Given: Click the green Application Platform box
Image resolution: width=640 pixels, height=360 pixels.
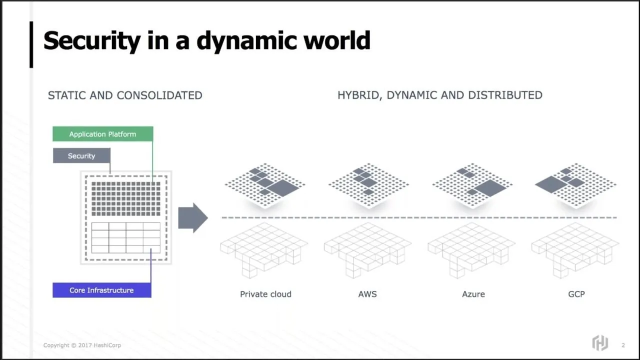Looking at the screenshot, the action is (x=103, y=134).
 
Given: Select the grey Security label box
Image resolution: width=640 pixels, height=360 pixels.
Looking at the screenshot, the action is (x=81, y=155).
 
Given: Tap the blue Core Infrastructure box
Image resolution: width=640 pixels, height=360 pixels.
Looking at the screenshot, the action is (x=102, y=290).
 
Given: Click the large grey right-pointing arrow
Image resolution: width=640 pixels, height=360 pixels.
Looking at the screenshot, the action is (x=193, y=218).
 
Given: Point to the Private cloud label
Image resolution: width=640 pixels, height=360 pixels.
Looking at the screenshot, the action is (x=265, y=294).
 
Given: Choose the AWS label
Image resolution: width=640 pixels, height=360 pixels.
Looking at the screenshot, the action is (x=367, y=294).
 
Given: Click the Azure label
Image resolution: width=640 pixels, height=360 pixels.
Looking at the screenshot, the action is (x=473, y=294).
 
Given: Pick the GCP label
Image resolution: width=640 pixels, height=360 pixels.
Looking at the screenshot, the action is (x=576, y=294).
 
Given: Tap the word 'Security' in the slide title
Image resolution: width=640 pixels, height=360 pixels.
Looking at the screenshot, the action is (x=92, y=41).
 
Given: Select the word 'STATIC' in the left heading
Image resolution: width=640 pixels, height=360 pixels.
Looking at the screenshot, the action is (x=66, y=95).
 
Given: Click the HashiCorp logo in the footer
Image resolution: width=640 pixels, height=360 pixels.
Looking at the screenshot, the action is (x=600, y=343).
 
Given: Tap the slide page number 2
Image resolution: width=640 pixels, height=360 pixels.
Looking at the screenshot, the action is (x=623, y=345).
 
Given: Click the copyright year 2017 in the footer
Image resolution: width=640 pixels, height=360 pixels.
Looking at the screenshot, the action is (x=85, y=345).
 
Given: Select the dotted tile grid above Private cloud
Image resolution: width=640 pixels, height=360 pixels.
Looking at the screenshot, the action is (x=265, y=185).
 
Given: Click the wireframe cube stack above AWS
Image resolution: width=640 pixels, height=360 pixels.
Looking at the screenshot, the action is (x=367, y=250).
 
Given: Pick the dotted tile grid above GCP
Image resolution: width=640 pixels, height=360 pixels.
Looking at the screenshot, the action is (x=575, y=185).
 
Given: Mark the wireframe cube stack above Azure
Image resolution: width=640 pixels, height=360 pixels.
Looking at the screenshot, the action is (x=471, y=250).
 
